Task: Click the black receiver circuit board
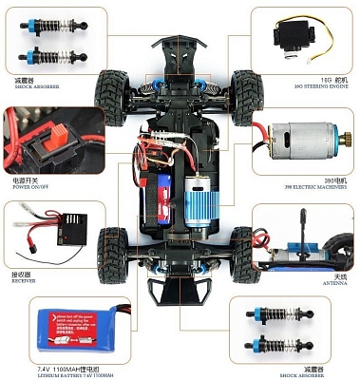70,228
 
